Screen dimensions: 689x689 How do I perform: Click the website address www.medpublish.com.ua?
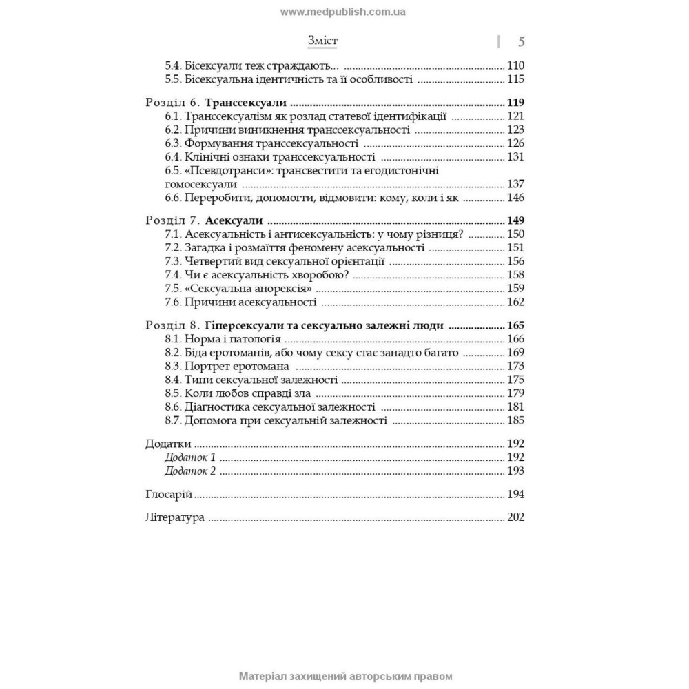(343, 12)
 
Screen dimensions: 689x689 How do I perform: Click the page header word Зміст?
(322, 41)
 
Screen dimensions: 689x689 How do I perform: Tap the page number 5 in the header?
(520, 42)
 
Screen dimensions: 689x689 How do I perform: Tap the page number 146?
(515, 198)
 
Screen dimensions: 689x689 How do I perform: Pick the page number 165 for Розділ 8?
(515, 325)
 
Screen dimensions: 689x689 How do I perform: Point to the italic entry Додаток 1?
(191, 457)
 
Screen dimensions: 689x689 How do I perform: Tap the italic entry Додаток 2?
(191, 471)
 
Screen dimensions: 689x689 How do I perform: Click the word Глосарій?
(169, 495)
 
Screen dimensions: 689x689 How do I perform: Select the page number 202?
(515, 518)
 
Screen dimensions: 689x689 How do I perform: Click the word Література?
(176, 518)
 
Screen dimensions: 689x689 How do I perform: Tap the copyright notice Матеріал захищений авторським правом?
(344, 677)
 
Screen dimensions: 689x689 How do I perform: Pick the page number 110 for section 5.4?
(515, 66)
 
